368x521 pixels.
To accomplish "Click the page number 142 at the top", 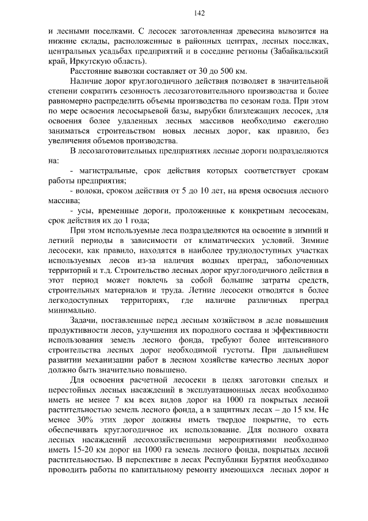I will click(x=184, y=13).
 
